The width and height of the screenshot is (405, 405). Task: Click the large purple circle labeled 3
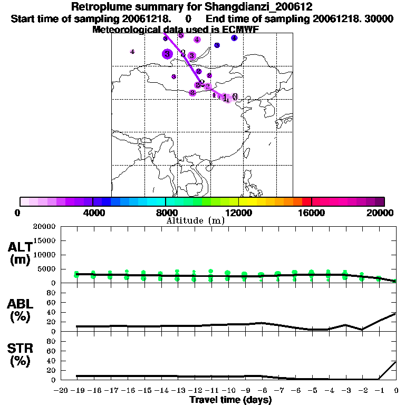(167, 53)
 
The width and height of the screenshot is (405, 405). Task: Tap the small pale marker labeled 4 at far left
(132, 51)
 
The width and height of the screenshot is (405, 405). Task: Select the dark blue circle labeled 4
(234, 38)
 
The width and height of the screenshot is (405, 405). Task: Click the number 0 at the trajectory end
(235, 97)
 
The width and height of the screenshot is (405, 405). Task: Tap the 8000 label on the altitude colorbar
(166, 213)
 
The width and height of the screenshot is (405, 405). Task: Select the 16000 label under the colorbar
(312, 213)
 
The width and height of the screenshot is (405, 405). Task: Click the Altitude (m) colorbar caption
(195, 220)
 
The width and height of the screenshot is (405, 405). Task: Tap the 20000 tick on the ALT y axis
(45, 227)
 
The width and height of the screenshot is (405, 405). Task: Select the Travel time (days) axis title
(231, 400)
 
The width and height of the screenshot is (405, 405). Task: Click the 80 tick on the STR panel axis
(52, 341)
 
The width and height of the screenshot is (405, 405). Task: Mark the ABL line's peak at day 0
(396, 313)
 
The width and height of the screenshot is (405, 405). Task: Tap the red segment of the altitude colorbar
(306, 201)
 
